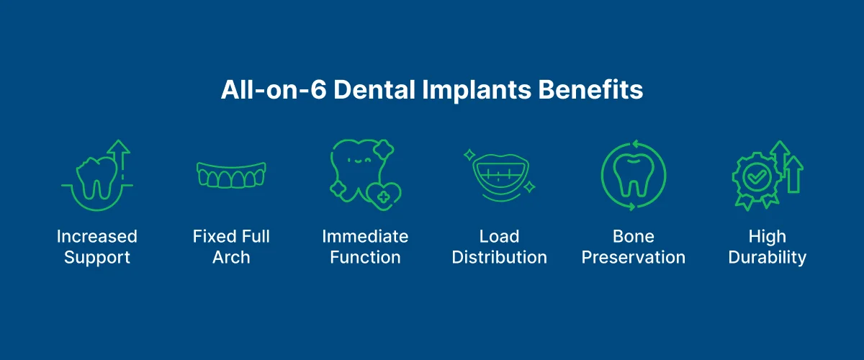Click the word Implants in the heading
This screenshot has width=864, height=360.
click(x=470, y=91)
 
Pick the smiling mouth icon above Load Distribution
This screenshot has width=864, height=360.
click(x=499, y=176)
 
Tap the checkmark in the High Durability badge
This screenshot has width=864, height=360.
click(x=757, y=176)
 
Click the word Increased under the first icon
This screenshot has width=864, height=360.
click(x=96, y=236)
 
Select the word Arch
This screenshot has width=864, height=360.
click(x=231, y=257)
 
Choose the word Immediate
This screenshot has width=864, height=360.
click(x=365, y=236)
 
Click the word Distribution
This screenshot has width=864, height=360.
click(x=499, y=257)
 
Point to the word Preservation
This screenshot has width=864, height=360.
click(x=634, y=257)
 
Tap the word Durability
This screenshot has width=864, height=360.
click(x=768, y=257)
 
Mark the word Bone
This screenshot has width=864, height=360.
click(x=634, y=236)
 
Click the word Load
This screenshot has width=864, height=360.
click(x=499, y=236)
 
